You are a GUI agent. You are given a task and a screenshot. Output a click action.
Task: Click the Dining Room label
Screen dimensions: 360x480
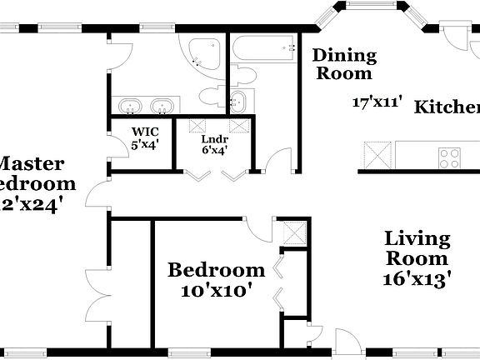point(344,65)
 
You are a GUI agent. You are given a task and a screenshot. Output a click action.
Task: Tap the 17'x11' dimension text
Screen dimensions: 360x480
point(377,103)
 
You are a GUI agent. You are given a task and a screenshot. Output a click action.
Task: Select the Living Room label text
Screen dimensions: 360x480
point(417,248)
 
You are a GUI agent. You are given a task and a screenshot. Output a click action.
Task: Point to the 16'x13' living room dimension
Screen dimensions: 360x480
point(418,278)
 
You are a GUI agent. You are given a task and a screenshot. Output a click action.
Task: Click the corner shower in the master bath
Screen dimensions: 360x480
point(202,54)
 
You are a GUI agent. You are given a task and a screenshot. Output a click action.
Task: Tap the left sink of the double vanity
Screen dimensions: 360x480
point(130,106)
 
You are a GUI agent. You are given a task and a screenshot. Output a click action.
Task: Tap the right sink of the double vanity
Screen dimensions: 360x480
point(162,106)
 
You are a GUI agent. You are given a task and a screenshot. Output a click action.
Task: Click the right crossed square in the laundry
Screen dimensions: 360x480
point(240,126)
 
